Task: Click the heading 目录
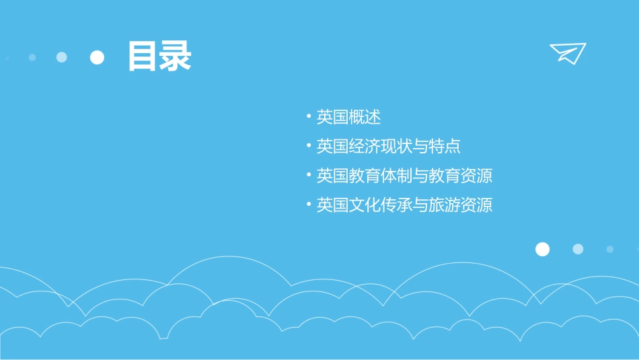pos(159,57)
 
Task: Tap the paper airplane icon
pos(567,53)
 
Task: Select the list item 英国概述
pos(348,117)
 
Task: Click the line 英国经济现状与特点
pos(388,147)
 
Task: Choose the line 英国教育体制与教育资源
pos(404,176)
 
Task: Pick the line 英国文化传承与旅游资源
pos(404,205)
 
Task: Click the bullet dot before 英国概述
pos(308,117)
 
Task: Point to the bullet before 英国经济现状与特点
pos(308,147)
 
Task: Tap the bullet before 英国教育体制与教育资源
pos(308,176)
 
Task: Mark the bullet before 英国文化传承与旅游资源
pos(308,205)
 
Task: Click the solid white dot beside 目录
pos(98,57)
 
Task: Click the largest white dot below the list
pos(542,249)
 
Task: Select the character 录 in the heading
pos(176,57)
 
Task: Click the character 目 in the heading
pos(143,57)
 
